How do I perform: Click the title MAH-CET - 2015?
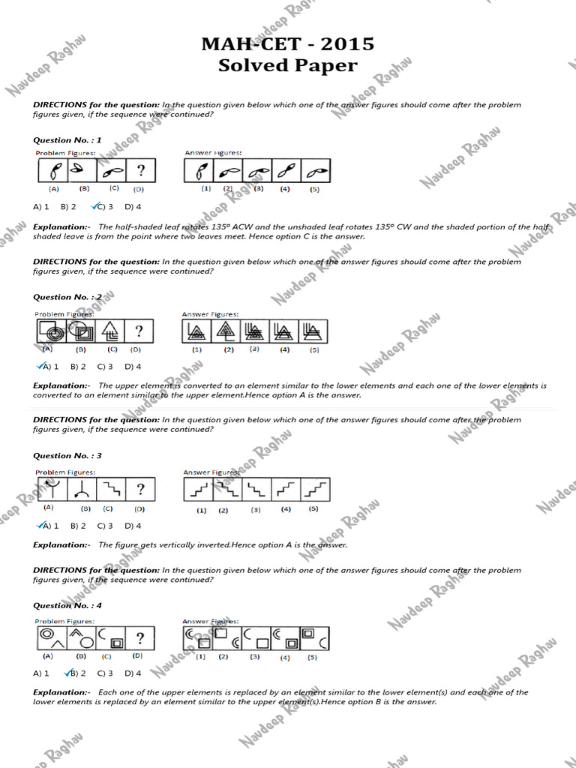pyautogui.click(x=287, y=44)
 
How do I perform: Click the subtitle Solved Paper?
pyautogui.click(x=287, y=66)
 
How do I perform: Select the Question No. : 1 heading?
pyautogui.click(x=67, y=139)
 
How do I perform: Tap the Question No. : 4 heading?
pyautogui.click(x=67, y=605)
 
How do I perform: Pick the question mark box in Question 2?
pyautogui.click(x=139, y=331)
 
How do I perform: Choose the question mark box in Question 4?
pyautogui.click(x=139, y=639)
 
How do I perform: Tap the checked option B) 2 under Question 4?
pyautogui.click(x=75, y=673)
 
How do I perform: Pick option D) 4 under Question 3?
pyautogui.click(x=133, y=526)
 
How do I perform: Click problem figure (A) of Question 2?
pyautogui.click(x=50, y=331)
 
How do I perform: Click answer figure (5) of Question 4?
pyautogui.click(x=314, y=639)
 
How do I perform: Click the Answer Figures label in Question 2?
pyautogui.click(x=210, y=314)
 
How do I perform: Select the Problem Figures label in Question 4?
pyautogui.click(x=65, y=621)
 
